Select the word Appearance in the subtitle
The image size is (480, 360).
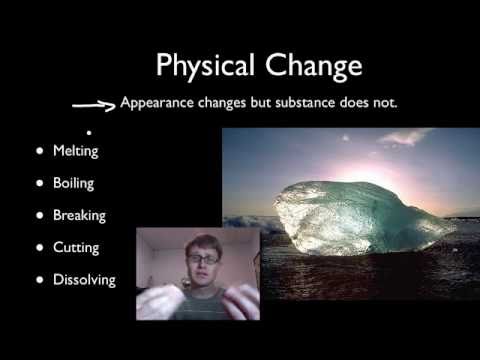coord(155,102)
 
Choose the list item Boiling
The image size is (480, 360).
coord(75,184)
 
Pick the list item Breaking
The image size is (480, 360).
coord(79,215)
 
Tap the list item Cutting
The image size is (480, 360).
coord(76,247)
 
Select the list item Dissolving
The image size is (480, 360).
coord(84,280)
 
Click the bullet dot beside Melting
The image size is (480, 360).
coord(40,152)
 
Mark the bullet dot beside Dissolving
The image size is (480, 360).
coord(40,280)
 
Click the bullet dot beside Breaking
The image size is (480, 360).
coord(40,215)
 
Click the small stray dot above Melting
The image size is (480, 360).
coord(89,132)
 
